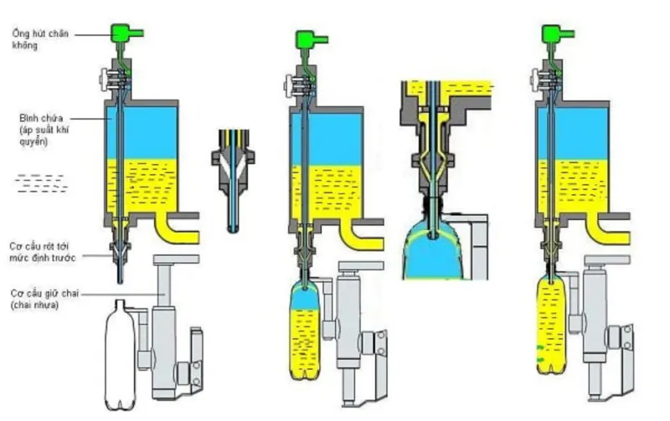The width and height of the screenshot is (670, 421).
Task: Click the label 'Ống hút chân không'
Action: pyautogui.click(x=40, y=39)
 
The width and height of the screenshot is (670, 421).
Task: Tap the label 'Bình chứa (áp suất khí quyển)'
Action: pyautogui.click(x=44, y=130)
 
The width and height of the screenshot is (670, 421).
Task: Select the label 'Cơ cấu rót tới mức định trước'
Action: pyautogui.click(x=43, y=252)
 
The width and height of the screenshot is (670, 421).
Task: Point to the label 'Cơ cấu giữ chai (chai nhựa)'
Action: pyautogui.click(x=44, y=300)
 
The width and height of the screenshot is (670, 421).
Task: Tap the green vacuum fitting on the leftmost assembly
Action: pyautogui.click(x=126, y=33)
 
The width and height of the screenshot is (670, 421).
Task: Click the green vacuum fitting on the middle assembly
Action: pyautogui.click(x=311, y=40)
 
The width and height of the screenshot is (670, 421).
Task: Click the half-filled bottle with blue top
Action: pyautogui.click(x=305, y=331)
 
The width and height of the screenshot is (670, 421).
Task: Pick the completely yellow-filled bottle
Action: pyautogui.click(x=551, y=326)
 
